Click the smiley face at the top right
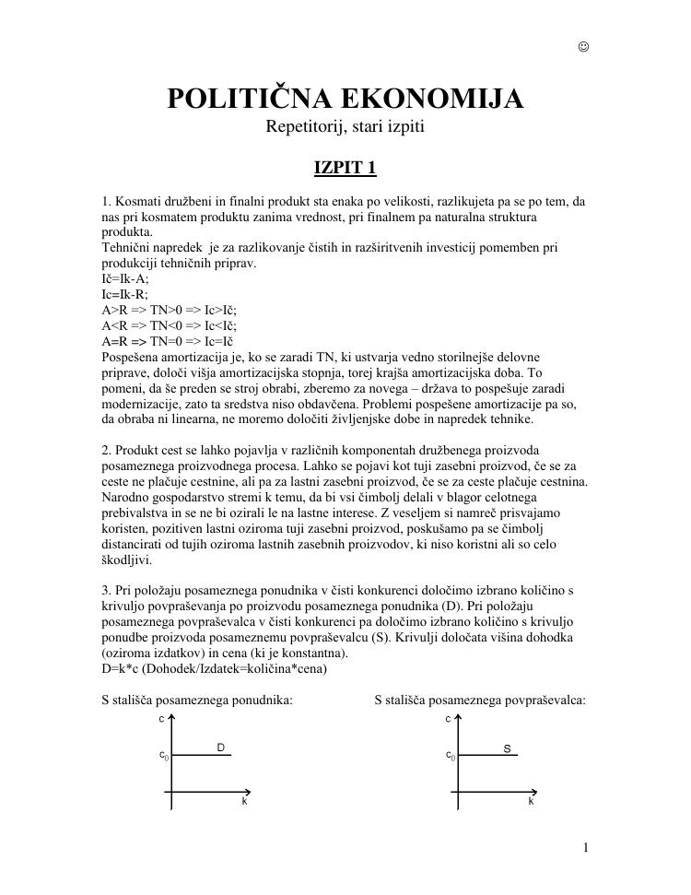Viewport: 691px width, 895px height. pos(583,47)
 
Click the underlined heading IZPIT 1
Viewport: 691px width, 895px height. pos(345,168)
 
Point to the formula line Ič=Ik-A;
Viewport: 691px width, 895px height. pos(124,278)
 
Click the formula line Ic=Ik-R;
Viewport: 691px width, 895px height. pos(124,294)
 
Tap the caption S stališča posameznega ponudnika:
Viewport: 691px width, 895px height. pos(197,701)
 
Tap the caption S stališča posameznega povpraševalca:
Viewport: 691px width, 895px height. pos(480,701)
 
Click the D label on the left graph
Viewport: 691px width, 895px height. pos(221,748)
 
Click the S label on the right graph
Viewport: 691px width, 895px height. pos(507,748)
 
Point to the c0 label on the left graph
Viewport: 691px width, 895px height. pos(164,756)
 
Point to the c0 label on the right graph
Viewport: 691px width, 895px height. pos(450,756)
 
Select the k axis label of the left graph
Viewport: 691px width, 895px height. pos(244,802)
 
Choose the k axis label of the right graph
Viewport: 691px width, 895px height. pos(531,802)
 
